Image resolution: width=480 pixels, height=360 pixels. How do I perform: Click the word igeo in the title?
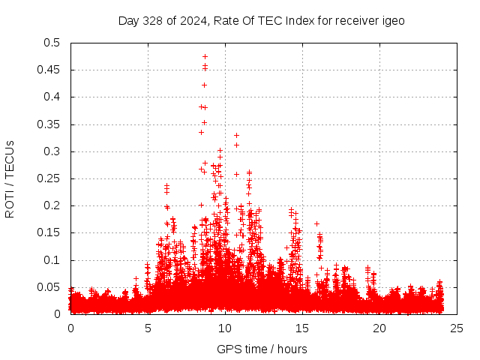[392, 21]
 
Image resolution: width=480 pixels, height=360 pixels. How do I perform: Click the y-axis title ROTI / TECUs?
[10, 178]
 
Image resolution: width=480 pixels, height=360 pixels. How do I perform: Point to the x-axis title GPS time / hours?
[262, 349]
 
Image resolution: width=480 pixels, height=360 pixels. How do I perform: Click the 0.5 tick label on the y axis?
[52, 43]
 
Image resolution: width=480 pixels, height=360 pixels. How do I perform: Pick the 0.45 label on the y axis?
[49, 70]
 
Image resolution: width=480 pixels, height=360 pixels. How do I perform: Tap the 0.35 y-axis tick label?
[49, 124]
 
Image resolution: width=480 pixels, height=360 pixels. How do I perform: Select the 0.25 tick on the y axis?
[49, 178]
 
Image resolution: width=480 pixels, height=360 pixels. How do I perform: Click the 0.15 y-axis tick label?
[49, 233]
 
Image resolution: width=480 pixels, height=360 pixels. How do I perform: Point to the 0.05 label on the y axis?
[49, 287]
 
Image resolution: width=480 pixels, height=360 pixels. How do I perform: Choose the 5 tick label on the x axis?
[148, 328]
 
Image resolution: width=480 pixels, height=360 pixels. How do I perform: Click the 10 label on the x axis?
[225, 328]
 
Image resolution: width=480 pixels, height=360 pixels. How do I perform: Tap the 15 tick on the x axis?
[302, 328]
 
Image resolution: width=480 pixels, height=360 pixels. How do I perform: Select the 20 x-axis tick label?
[379, 328]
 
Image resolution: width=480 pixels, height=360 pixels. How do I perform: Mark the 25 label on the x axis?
[457, 328]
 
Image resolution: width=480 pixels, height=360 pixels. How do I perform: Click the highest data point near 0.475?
[205, 56]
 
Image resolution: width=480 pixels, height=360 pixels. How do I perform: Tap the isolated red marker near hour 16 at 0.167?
[316, 223]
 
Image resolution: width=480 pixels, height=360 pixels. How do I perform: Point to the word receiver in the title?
[352, 21]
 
